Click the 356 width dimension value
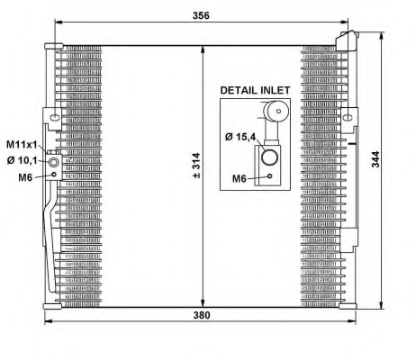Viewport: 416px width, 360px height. tap(201, 15)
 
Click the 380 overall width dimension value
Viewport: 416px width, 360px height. tap(202, 315)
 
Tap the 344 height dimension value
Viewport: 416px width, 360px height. tap(375, 159)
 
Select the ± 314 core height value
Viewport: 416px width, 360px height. tap(196, 166)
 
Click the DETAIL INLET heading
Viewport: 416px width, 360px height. tap(255, 90)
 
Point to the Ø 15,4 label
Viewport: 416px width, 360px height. tap(240, 137)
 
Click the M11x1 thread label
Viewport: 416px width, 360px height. tap(22, 145)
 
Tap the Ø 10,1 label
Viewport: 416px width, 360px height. tap(22, 160)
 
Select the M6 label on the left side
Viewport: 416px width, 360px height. tap(25, 177)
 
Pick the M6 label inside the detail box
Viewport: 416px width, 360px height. tap(240, 179)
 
